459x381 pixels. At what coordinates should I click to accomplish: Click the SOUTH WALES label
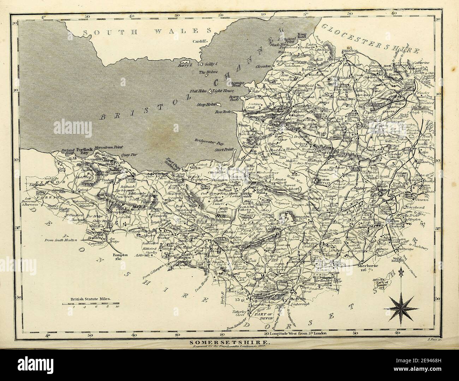[x=147, y=32]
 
